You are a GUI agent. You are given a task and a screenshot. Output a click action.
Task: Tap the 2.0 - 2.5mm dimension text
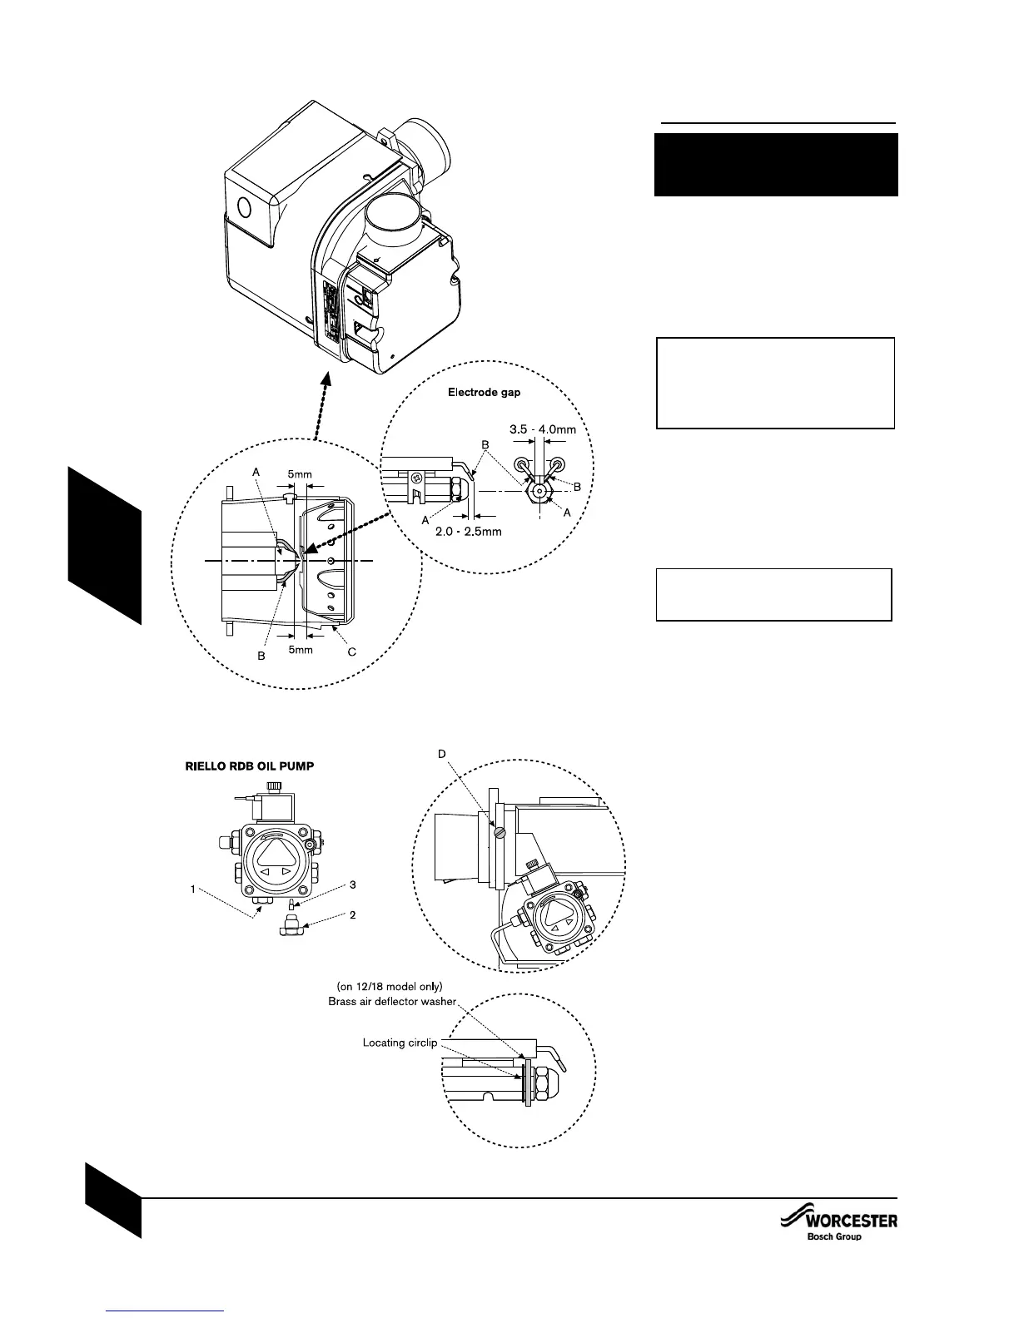pos(470,532)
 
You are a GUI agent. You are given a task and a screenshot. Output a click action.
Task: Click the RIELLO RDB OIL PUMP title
pos(249,766)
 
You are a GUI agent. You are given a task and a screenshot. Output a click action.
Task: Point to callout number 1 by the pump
pos(193,889)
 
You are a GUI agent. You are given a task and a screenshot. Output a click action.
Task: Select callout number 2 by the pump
pos(352,915)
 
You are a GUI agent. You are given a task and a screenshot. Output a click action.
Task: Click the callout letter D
pos(441,754)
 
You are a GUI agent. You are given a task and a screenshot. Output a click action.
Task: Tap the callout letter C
pos(351,652)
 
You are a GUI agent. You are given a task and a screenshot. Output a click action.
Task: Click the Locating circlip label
pos(400,1042)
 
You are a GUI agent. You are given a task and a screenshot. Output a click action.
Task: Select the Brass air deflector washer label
pos(392,1001)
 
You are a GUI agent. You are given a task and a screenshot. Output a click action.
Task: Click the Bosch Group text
pos(834,1237)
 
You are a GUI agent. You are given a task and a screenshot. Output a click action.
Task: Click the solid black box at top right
pos(776,165)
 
